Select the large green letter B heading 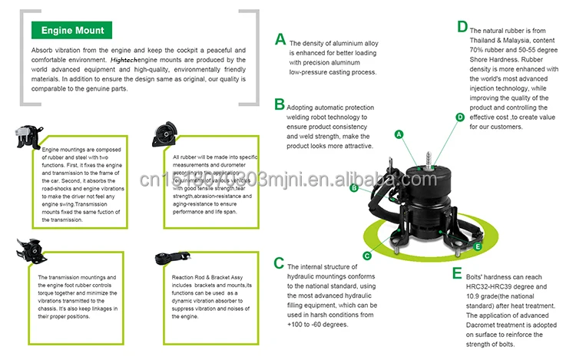(280, 104)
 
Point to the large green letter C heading (280, 263)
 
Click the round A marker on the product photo (399, 134)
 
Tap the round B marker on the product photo (354, 187)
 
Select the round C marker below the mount (367, 255)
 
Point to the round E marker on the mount (478, 246)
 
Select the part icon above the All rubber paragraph (164, 131)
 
